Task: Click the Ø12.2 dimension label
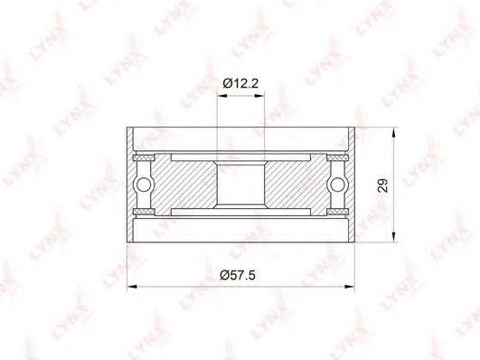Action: (240, 83)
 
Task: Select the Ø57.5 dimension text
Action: (238, 276)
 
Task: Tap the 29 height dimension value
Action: (382, 185)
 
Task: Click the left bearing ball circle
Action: (143, 185)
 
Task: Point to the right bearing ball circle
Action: (338, 185)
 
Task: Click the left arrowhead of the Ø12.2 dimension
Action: (222, 96)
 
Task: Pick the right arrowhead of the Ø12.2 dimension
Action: (259, 96)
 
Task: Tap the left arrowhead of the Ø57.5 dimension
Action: (132, 287)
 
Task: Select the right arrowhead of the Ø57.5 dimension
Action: (349, 287)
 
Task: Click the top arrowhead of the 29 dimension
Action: (394, 133)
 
